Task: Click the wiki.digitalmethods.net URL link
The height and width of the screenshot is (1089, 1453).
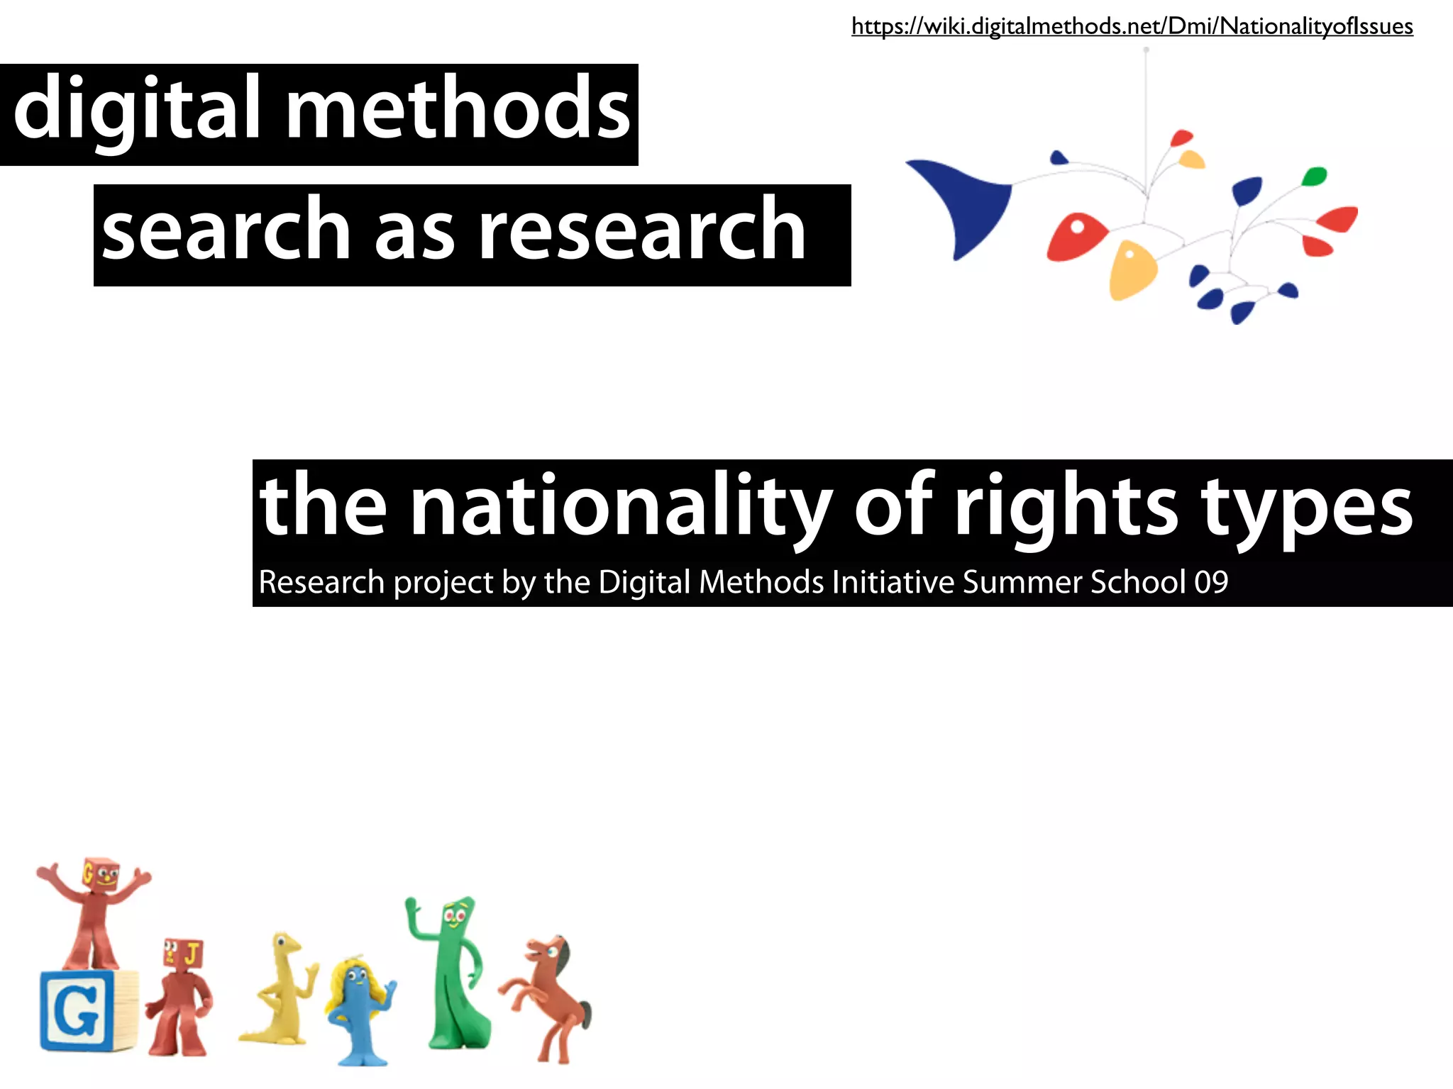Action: (x=1132, y=27)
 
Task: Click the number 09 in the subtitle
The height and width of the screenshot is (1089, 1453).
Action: (x=1211, y=582)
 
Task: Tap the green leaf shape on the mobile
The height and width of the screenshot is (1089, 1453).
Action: (x=1314, y=176)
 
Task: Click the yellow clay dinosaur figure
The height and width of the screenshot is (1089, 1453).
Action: (x=280, y=989)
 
